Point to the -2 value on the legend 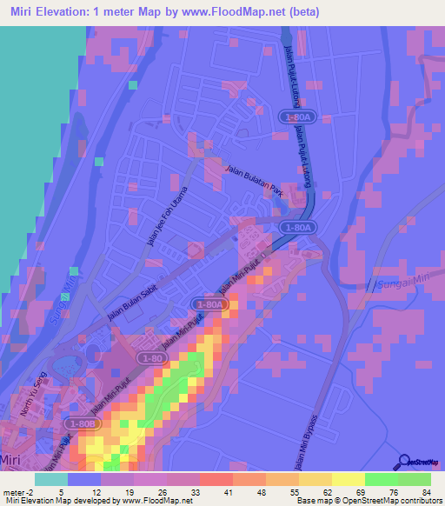pyautogui.click(x=31, y=493)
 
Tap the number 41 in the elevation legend pyautogui.click(x=228, y=493)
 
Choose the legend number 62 pyautogui.click(x=327, y=493)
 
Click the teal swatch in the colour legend pyautogui.click(x=51, y=479)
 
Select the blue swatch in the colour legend pyautogui.click(x=84, y=479)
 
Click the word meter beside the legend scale pyautogui.click(x=14, y=493)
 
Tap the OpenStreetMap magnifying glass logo pyautogui.click(x=405, y=462)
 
